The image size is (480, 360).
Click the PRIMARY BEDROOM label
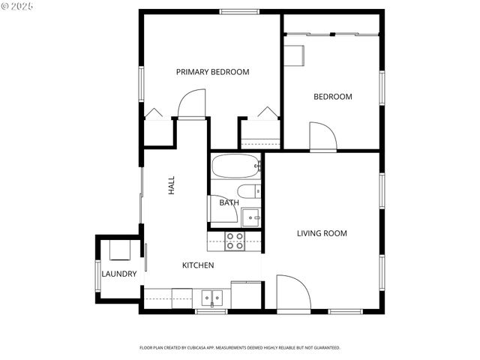(212, 72)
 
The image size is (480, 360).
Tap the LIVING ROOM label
(322, 233)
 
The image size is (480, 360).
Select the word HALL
(172, 185)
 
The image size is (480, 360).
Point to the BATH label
(229, 202)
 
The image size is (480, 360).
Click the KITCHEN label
(198, 265)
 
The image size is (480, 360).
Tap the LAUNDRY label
(119, 274)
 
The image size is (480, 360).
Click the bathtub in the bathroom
(235, 166)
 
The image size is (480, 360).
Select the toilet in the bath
(248, 190)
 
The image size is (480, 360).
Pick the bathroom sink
(253, 216)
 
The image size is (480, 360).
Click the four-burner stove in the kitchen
(235, 240)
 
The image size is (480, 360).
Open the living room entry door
(292, 292)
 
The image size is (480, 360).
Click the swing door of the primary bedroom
(192, 104)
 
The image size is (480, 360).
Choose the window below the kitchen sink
(211, 311)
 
